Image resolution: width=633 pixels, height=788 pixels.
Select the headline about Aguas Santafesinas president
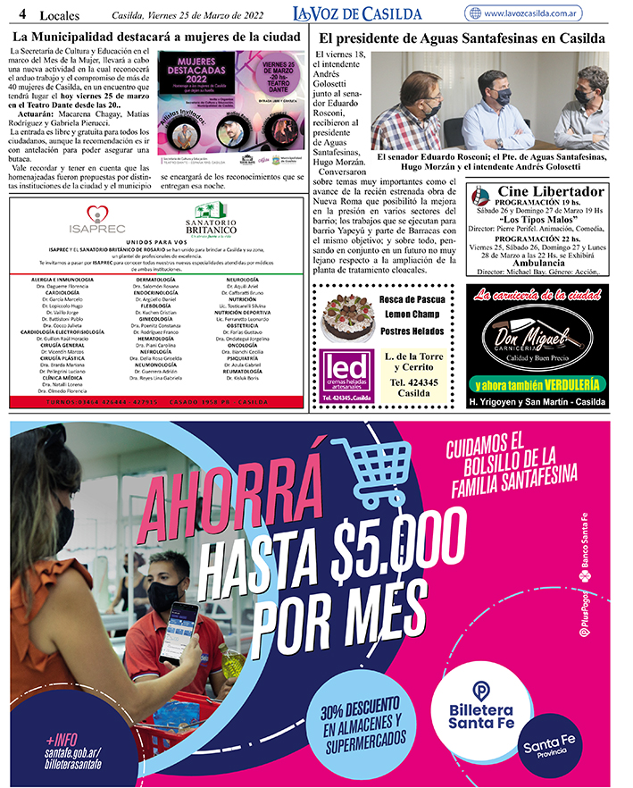click(461, 39)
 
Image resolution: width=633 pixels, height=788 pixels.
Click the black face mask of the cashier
click(166, 593)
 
